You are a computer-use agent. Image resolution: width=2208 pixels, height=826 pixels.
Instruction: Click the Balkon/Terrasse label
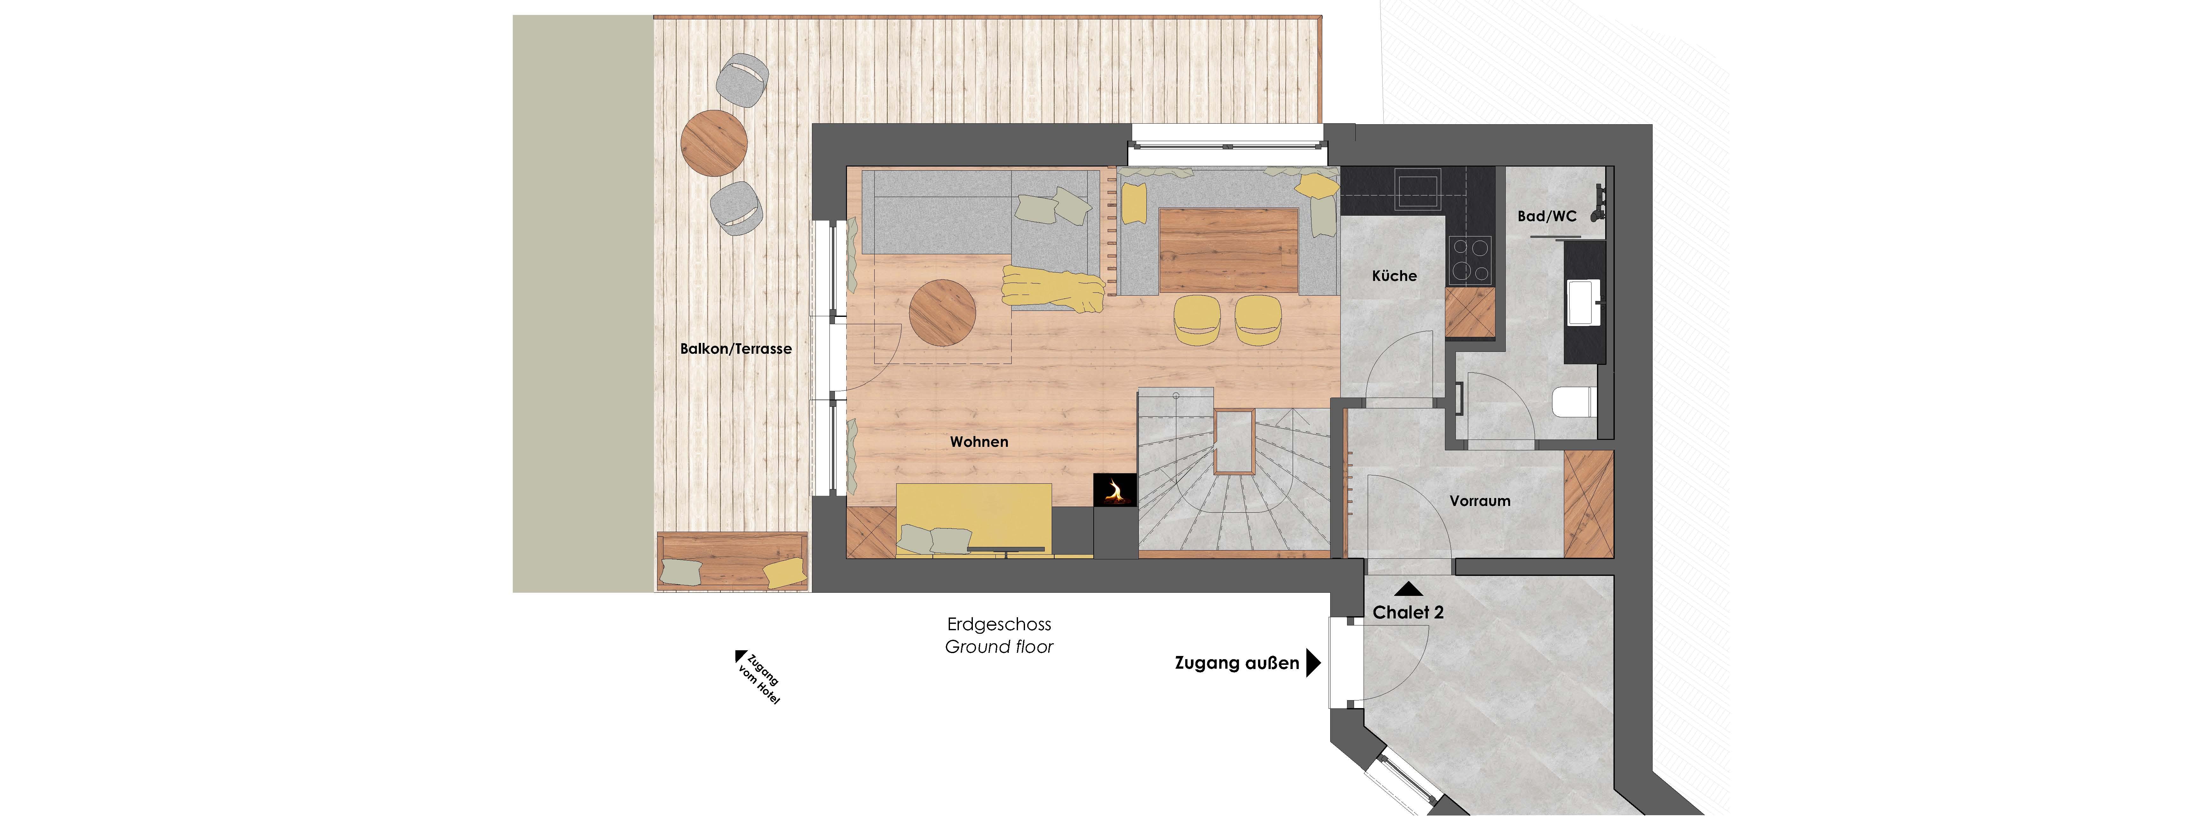pos(735,349)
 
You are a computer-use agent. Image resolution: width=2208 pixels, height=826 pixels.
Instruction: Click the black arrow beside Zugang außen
pos(1312,662)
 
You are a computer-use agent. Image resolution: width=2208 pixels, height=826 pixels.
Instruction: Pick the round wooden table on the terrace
pos(714,142)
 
